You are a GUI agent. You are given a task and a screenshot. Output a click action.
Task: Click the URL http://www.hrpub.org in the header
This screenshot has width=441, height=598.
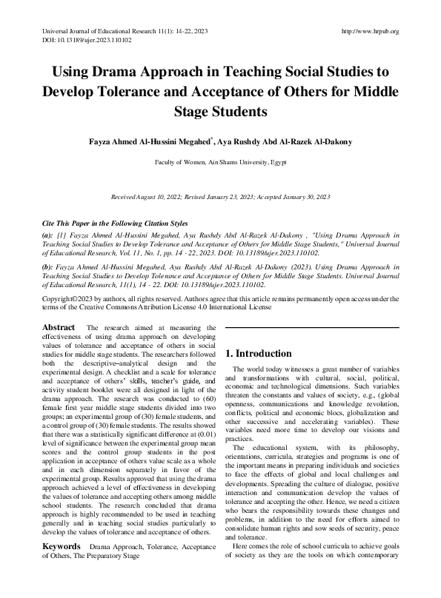click(x=368, y=31)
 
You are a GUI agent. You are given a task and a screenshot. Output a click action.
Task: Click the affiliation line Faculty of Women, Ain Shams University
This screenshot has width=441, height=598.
click(x=220, y=161)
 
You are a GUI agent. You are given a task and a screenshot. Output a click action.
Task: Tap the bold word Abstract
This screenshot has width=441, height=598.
click(x=59, y=328)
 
